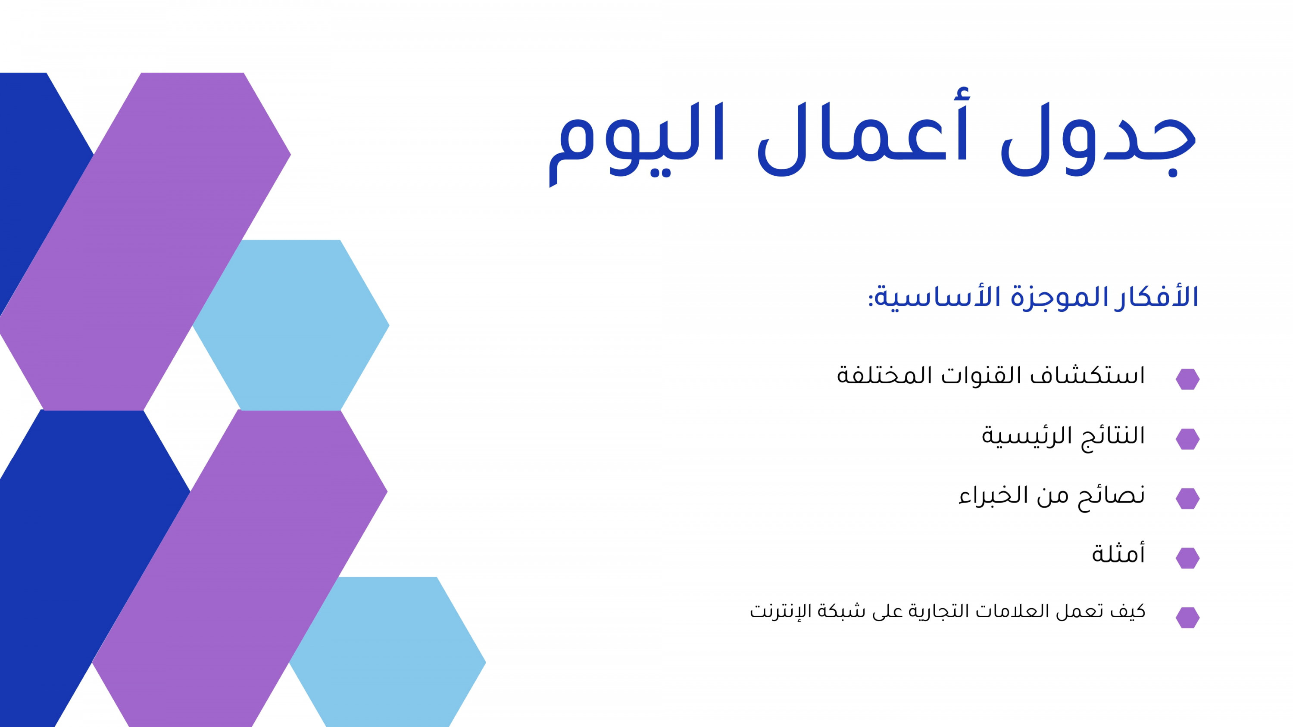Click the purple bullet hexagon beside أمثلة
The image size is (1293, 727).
pos(1187,558)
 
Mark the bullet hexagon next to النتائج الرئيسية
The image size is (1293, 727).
pos(1187,439)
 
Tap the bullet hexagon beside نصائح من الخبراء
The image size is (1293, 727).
pos(1187,499)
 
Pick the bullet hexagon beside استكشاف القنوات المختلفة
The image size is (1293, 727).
pos(1187,379)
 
